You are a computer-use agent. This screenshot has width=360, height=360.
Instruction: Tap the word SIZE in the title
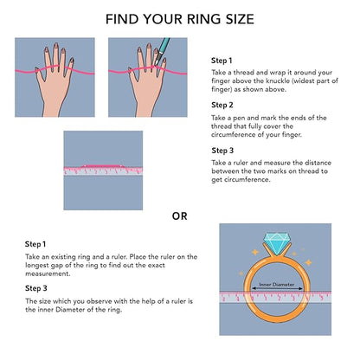click(x=240, y=19)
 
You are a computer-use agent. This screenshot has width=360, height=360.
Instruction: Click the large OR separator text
click(x=179, y=216)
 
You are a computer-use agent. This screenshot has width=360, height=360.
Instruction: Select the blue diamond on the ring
click(x=277, y=244)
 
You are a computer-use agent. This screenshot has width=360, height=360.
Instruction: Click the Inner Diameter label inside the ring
click(x=277, y=285)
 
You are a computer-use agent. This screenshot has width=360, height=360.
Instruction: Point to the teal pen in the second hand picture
click(x=162, y=51)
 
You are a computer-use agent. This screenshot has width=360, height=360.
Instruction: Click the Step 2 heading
click(x=222, y=105)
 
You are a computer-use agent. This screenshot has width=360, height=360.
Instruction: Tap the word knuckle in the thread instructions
click(x=277, y=80)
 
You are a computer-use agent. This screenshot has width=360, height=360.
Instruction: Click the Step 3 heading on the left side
click(x=36, y=288)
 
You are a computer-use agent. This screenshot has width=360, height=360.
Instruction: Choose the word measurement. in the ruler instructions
click(x=48, y=273)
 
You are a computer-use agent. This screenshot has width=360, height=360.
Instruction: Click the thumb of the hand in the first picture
click(x=39, y=75)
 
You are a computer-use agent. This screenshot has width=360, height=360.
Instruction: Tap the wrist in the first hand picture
click(x=53, y=110)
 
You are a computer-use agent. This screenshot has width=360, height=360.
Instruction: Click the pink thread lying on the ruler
click(x=103, y=166)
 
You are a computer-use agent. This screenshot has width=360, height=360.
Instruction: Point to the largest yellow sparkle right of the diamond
click(x=308, y=262)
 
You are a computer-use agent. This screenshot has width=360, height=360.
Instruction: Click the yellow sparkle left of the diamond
click(x=255, y=252)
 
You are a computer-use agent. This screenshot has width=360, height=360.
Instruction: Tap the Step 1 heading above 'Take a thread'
click(x=222, y=61)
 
